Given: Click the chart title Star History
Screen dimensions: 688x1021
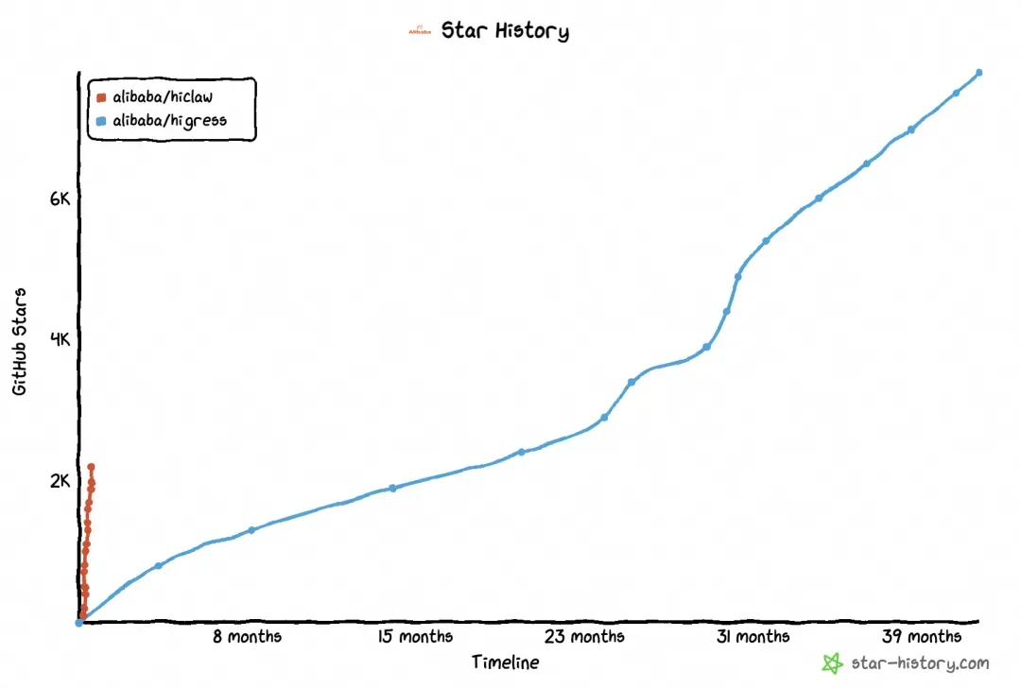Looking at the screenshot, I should [x=505, y=30].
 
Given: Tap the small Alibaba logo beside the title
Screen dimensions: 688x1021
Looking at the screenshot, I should [x=420, y=31].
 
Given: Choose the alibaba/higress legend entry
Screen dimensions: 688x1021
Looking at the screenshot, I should [x=169, y=121].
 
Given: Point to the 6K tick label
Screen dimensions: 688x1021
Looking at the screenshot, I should [x=60, y=199].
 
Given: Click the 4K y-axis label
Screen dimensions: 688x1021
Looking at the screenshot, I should [x=60, y=340].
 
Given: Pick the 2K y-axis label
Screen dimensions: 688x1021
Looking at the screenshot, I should [x=60, y=481].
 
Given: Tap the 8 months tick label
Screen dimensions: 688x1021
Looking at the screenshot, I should [x=247, y=637].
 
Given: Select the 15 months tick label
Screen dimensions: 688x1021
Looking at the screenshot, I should [x=415, y=637].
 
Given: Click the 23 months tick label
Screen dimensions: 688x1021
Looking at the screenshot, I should [x=584, y=637].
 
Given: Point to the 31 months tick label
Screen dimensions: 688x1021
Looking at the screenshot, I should [x=753, y=637].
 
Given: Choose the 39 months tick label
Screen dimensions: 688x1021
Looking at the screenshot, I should [x=922, y=637].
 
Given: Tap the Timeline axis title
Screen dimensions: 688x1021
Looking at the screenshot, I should [x=506, y=662].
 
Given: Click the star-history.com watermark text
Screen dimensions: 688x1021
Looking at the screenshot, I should [x=920, y=663].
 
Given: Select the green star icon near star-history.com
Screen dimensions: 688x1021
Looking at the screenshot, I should [x=832, y=663].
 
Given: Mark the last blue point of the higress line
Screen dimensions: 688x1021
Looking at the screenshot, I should [x=978, y=73].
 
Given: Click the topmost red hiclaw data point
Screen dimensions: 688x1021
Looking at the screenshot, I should [x=91, y=467].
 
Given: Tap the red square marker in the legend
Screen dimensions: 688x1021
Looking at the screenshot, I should [x=101, y=97].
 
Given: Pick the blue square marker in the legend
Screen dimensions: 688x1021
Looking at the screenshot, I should [x=101, y=122].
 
